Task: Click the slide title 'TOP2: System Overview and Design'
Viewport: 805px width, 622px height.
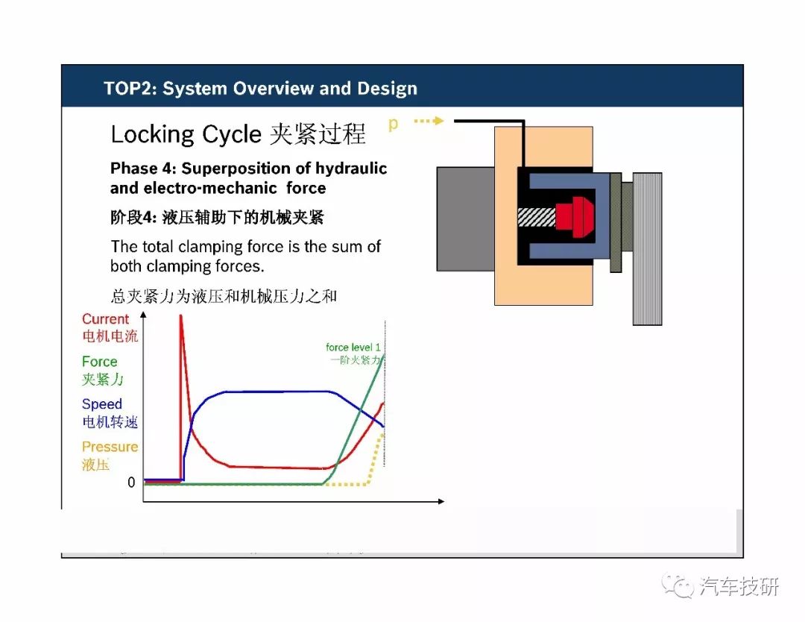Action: [x=260, y=88]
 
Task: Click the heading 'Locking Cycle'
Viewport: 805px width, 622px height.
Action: [x=186, y=134]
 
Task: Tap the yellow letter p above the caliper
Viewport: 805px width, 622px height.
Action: [x=394, y=124]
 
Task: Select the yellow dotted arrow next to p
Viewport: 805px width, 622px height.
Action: [x=429, y=121]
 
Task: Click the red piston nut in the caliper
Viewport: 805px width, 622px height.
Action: [x=575, y=216]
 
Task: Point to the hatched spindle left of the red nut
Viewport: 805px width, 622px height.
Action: [x=537, y=217]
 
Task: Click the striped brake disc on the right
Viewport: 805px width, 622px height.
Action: [x=648, y=248]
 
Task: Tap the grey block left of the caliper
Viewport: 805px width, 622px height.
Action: [x=466, y=219]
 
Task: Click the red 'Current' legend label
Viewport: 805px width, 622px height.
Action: [x=105, y=319]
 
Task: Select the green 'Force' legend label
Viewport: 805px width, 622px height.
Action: [x=100, y=362]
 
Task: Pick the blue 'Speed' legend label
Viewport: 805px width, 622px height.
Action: [x=101, y=404]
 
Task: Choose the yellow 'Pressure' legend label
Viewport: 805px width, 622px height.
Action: [x=110, y=447]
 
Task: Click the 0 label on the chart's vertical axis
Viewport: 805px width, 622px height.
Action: [x=131, y=483]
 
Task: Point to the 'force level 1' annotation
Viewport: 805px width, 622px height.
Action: [x=353, y=348]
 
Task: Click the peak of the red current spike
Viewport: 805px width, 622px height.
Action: [x=180, y=315]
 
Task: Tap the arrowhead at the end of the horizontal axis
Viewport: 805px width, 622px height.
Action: [x=441, y=501]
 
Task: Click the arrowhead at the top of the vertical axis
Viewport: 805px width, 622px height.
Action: [x=144, y=314]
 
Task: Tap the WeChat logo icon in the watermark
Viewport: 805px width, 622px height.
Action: [x=678, y=585]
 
